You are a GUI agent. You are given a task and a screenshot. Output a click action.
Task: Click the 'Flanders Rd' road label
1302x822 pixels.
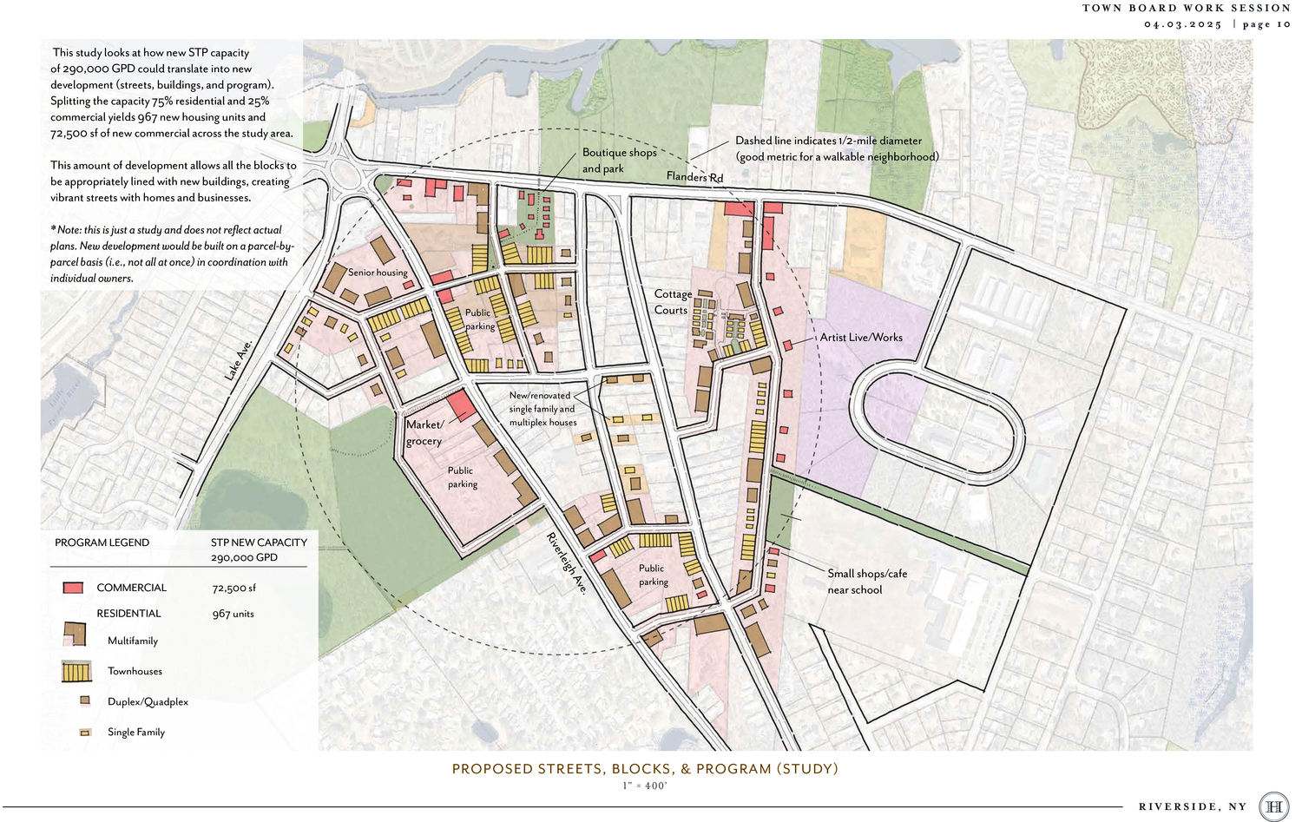[694, 177]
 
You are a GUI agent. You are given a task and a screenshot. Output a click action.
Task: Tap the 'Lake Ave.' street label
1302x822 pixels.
[238, 359]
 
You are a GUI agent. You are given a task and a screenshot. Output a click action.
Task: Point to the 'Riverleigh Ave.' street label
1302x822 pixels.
[567, 562]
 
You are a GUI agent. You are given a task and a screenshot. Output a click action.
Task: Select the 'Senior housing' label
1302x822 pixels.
[378, 273]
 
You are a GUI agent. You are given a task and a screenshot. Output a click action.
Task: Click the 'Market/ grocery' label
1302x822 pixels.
[424, 432]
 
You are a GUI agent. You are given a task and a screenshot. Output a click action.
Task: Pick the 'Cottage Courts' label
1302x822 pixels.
[673, 302]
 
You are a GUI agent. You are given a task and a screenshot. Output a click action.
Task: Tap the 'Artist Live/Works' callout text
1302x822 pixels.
[861, 338]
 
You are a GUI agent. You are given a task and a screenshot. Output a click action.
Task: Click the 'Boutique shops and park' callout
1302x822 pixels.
[619, 161]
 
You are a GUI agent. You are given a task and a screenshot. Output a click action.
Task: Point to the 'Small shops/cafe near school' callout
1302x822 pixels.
[866, 582]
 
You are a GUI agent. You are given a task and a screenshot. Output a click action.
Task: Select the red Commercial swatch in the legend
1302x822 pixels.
[73, 588]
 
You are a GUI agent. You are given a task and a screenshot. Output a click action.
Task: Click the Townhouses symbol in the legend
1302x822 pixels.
[76, 671]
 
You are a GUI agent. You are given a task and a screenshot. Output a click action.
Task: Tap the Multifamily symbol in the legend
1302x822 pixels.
[76, 635]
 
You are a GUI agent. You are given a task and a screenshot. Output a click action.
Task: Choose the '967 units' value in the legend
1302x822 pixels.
[233, 614]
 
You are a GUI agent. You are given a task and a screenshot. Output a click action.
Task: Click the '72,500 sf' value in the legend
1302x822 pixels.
[233, 588]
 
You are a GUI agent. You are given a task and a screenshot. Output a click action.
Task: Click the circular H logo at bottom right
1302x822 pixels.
[1273, 806]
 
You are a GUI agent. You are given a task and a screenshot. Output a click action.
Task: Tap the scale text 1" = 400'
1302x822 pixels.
[644, 786]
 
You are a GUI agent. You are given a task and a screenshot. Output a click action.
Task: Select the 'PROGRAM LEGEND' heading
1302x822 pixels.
[102, 543]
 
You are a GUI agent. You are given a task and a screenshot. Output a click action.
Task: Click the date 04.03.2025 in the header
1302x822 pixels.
[1182, 24]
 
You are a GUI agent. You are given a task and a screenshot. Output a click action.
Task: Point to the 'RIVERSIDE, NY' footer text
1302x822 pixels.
[1192, 806]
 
